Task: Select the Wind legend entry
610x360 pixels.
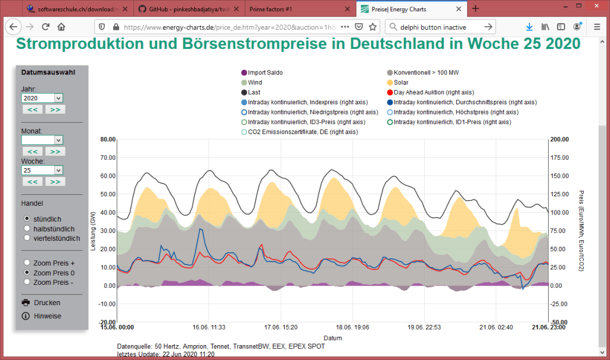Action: tap(254, 82)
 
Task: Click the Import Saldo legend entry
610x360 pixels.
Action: tap(265, 73)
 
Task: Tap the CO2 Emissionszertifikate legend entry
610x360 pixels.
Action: tap(302, 132)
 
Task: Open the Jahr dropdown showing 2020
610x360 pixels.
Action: tap(42, 98)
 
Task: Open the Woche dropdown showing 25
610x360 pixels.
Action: tap(42, 170)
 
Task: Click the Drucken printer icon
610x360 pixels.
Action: tap(26, 303)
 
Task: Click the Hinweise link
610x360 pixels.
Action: tap(47, 316)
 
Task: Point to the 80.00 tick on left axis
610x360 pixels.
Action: tap(107, 139)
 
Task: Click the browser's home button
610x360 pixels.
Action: tap(61, 27)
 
